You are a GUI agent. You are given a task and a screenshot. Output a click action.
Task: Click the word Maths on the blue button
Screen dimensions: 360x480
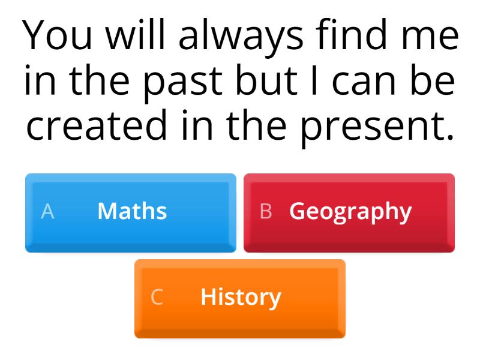click(x=132, y=211)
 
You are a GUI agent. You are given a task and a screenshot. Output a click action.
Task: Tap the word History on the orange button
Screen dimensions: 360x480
click(x=241, y=297)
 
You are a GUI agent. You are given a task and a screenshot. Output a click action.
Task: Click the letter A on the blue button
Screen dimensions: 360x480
click(x=47, y=211)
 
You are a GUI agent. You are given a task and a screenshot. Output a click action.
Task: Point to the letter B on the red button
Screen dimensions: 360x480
click(x=266, y=211)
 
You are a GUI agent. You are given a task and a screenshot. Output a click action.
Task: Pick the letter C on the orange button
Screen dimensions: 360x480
click(x=157, y=297)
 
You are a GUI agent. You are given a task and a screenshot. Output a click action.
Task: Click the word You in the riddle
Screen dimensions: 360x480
click(x=59, y=36)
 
